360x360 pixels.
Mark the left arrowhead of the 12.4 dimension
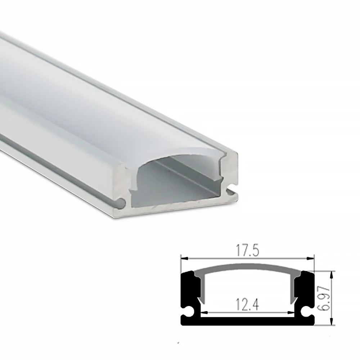pos(203,312)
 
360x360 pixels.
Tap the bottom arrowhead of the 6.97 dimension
pos(332,323)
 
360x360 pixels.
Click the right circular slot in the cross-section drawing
pos(307,310)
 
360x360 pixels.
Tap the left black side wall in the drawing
pos(188,288)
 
